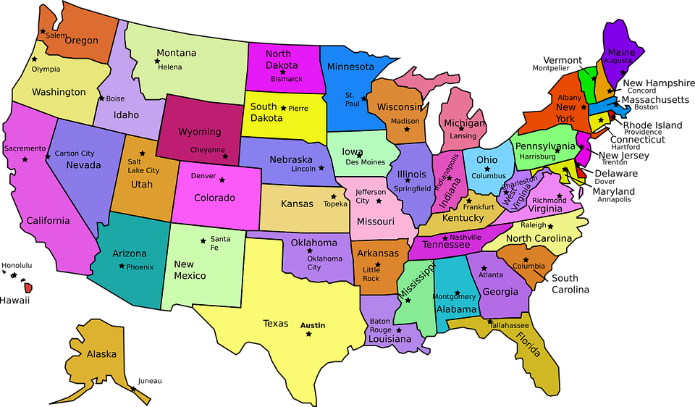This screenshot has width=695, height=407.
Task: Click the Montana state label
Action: click(177, 53)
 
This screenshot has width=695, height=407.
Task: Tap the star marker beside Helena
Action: click(157, 62)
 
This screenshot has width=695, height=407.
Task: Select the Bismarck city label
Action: click(287, 79)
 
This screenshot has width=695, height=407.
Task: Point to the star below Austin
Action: click(309, 334)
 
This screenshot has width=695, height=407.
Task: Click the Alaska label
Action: click(101, 354)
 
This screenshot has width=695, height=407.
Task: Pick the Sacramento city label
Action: click(25, 148)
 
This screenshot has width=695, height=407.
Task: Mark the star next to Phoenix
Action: click(122, 267)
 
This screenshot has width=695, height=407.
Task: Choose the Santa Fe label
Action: click(219, 243)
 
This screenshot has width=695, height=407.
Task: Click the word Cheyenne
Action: click(208, 150)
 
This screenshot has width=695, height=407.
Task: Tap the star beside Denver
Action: click(222, 180)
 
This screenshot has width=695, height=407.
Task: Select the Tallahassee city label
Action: click(514, 325)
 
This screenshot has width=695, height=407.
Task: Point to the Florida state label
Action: click(528, 345)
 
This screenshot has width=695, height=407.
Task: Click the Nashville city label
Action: click(466, 237)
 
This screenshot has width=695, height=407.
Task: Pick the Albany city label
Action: click(570, 97)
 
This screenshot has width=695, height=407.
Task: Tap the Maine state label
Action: click(621, 52)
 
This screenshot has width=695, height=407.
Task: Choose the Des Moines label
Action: click(366, 162)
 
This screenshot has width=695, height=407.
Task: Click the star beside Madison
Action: click(407, 130)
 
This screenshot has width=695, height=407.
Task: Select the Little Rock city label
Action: click(371, 274)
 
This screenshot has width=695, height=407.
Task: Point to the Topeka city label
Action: click(335, 204)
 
